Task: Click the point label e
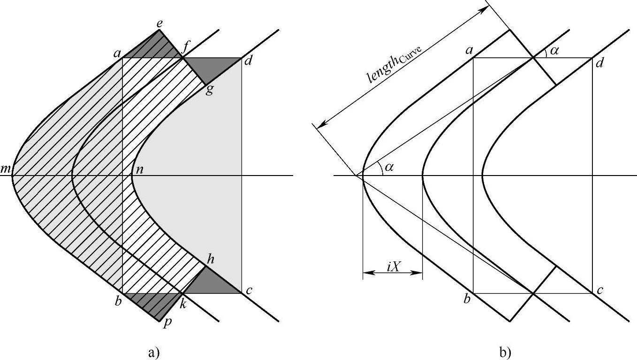tap(159, 24)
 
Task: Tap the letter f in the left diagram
tap(185, 49)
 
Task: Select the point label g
tap(209, 90)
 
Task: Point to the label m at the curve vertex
tap(6, 169)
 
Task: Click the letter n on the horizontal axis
tap(139, 170)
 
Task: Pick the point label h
tap(211, 259)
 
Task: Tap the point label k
tap(183, 304)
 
